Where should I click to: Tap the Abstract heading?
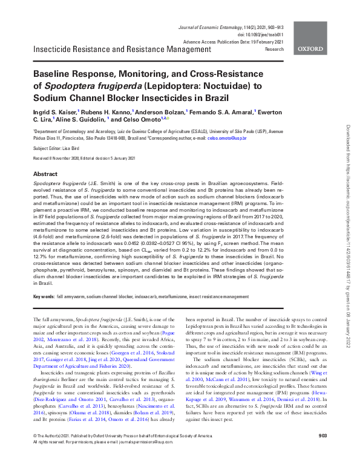45,172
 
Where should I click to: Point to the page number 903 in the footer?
322,452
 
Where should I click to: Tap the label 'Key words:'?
44,296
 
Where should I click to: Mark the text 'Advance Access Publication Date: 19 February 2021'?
233,42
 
